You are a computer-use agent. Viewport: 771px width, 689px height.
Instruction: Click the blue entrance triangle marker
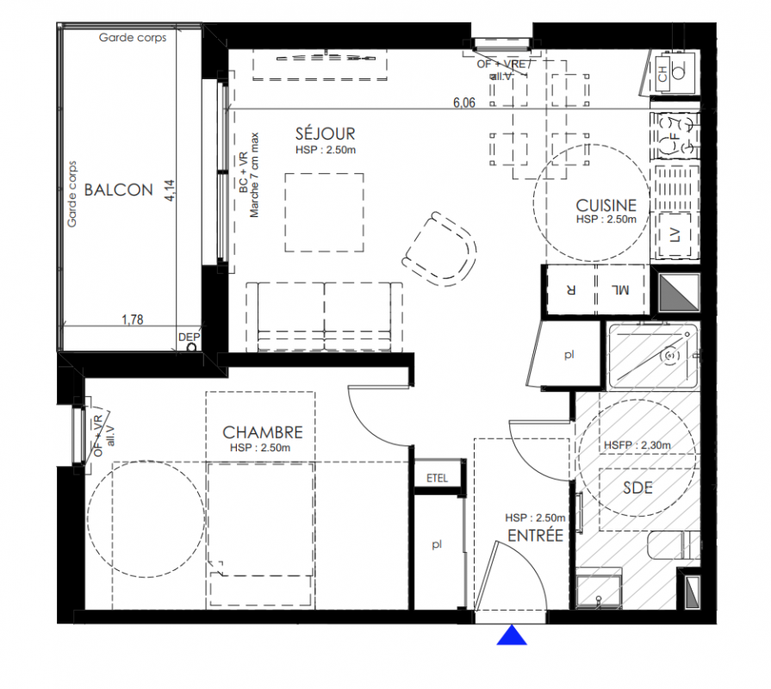click(512, 635)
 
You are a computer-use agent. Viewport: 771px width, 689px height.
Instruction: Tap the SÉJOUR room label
click(325, 133)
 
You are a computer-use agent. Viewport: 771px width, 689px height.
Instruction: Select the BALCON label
click(119, 189)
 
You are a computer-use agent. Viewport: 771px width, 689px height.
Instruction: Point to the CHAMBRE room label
click(263, 432)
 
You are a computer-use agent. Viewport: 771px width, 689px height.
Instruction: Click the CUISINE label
click(606, 205)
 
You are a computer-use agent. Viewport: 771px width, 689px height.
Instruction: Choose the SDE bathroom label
click(637, 487)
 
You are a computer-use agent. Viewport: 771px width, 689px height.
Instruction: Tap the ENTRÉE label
click(535, 535)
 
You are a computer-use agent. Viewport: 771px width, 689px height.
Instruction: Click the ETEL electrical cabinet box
click(437, 478)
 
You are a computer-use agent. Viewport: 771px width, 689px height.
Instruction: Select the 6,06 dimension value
click(464, 102)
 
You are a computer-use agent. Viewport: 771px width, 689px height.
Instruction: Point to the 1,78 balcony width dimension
click(133, 320)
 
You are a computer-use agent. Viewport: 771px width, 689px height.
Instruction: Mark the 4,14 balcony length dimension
click(170, 190)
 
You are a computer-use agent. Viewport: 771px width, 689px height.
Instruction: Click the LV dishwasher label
click(675, 235)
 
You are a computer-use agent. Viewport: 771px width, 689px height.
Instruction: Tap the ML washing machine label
click(620, 289)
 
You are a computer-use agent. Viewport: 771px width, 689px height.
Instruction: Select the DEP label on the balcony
click(190, 337)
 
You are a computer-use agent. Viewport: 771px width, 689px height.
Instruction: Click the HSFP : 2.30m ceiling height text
click(637, 445)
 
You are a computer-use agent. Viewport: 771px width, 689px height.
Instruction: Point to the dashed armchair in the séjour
click(439, 249)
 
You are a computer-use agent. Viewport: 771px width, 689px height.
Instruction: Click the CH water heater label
click(662, 75)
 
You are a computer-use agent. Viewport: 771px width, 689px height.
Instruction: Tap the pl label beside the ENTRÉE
click(437, 544)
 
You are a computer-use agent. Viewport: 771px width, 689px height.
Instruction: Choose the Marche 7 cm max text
click(254, 175)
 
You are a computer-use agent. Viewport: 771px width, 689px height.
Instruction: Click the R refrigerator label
click(571, 289)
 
